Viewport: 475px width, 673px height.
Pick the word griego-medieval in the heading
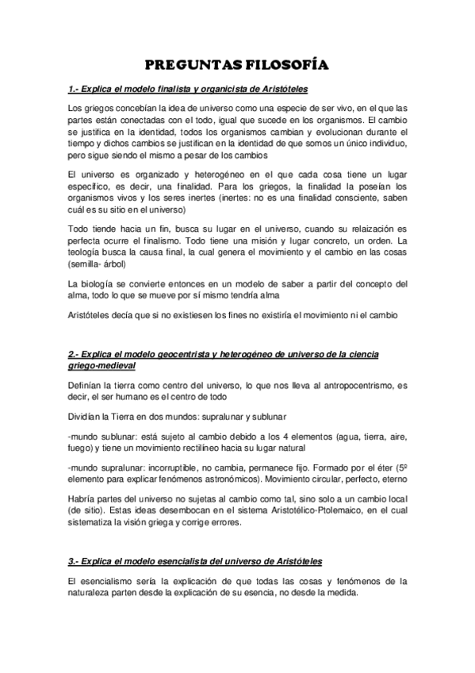pyautogui.click(x=102, y=365)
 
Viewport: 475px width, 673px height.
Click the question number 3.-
pyautogui.click(x=76, y=562)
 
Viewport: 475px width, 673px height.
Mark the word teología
pyautogui.click(x=88, y=252)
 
